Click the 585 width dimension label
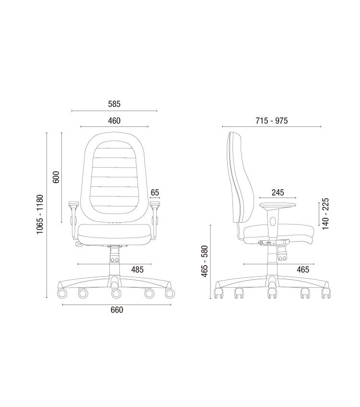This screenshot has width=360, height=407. [114, 104]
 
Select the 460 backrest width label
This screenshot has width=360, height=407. [114, 121]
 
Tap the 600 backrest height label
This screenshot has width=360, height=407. [56, 177]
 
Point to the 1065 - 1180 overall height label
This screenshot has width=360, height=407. [40, 214]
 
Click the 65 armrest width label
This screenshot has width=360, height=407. [155, 192]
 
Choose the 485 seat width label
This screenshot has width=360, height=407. [137, 270]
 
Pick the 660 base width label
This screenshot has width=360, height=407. [116, 310]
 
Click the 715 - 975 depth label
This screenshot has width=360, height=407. [272, 121]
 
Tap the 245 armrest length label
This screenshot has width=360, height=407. [278, 192]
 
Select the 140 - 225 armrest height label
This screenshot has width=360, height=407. [325, 214]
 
